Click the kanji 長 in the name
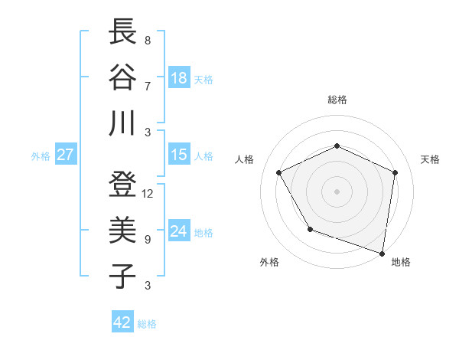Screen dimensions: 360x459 122,32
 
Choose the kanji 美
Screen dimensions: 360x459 122,231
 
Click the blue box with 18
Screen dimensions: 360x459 179,78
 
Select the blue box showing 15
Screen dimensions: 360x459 179,155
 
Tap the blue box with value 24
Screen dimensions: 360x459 179,231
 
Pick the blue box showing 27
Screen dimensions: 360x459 66,155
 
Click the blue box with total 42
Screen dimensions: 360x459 122,322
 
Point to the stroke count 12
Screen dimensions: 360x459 148,194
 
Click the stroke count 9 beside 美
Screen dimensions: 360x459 147,240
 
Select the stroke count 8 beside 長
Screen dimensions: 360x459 147,41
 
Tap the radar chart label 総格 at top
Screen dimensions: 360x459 337,100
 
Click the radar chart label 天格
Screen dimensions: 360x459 430,159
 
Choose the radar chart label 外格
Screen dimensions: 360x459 269,263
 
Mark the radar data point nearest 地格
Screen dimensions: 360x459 382,253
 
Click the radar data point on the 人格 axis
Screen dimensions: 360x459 279,172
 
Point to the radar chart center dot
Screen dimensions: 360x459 337,191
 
